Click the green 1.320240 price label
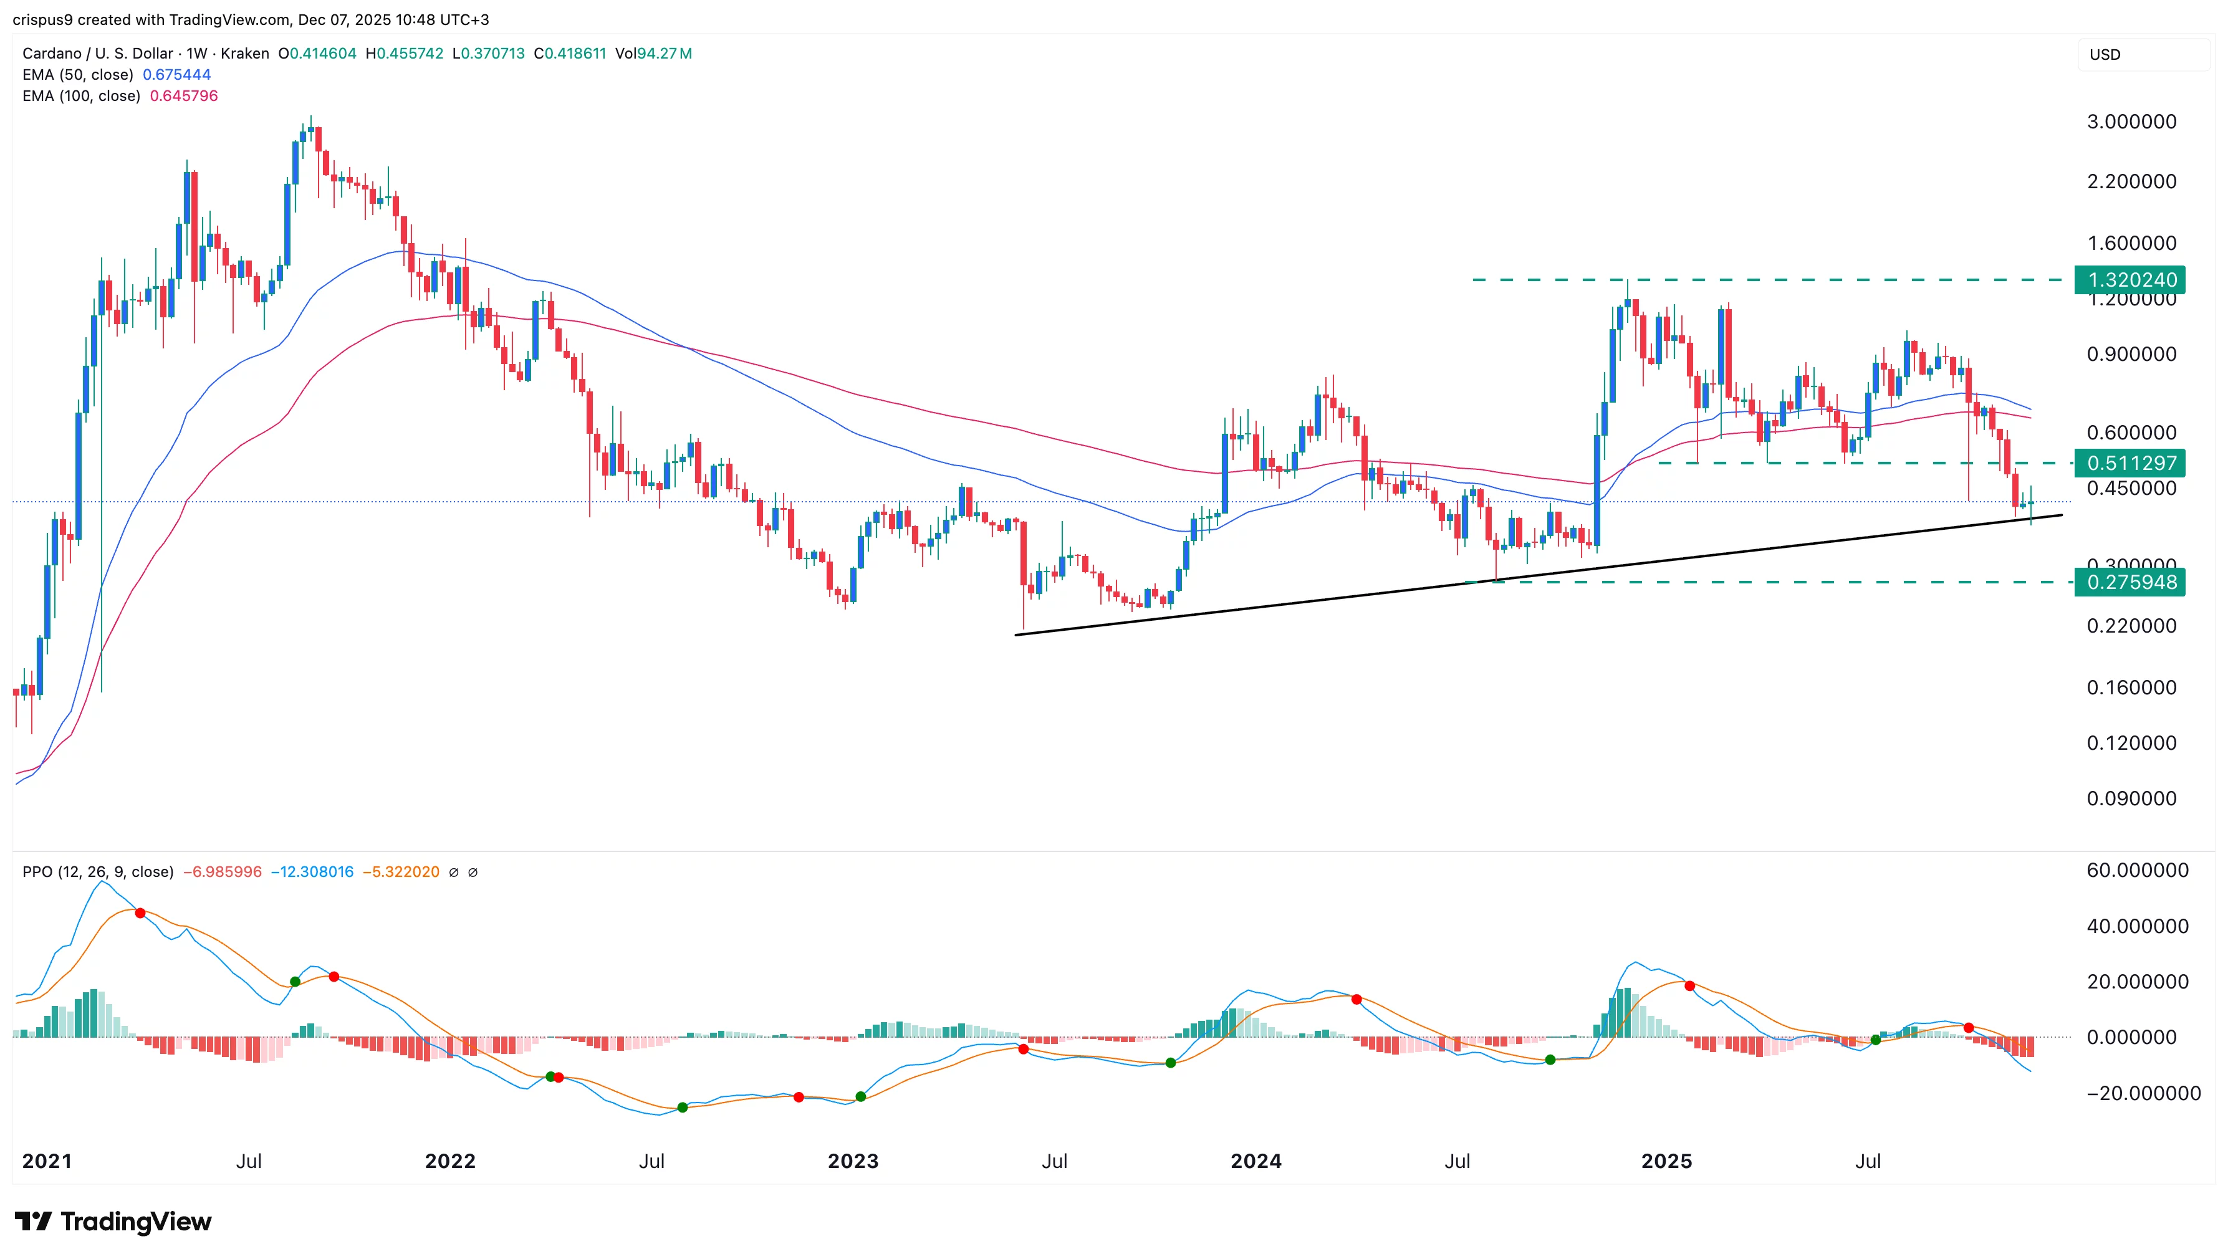(x=2130, y=280)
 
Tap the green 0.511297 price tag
(x=2130, y=464)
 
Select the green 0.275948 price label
(x=2130, y=583)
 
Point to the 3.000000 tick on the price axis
(x=2131, y=122)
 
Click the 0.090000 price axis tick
(x=2131, y=799)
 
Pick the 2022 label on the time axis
(x=449, y=1161)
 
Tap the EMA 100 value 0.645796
(x=183, y=96)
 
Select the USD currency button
(x=2105, y=54)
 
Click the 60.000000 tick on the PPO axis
(x=2137, y=871)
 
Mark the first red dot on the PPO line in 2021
(x=140, y=913)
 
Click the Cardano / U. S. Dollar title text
(x=98, y=54)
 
